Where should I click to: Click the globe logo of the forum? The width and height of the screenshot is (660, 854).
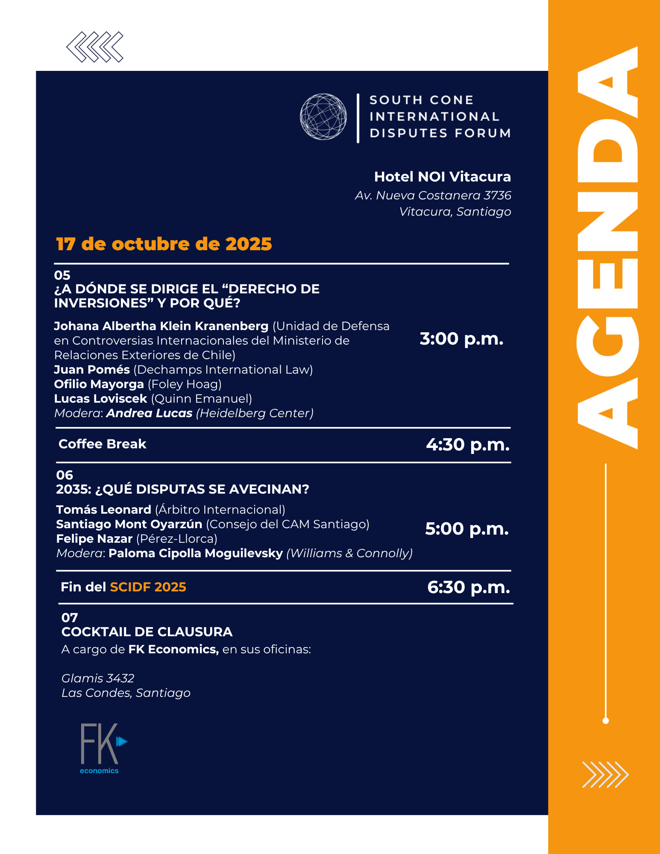click(323, 117)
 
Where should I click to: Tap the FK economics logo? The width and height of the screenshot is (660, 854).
click(103, 748)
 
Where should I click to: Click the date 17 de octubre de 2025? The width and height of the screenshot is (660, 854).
click(164, 244)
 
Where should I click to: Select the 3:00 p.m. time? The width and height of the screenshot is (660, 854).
click(461, 339)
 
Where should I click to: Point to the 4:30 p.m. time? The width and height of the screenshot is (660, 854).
click(468, 445)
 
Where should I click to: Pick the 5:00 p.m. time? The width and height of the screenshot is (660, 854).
click(467, 529)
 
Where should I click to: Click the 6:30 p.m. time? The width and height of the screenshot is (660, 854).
click(469, 587)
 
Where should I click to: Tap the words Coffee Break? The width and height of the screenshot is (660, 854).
click(103, 444)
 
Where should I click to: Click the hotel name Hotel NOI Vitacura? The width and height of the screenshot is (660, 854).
click(442, 176)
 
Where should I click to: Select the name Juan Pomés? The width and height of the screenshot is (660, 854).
click(92, 370)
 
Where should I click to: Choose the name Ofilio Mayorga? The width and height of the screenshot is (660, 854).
click(99, 384)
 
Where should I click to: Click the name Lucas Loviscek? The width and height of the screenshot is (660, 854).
click(100, 399)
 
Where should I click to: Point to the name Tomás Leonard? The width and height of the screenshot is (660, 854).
click(103, 510)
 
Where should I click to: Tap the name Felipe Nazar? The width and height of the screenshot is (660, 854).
click(94, 539)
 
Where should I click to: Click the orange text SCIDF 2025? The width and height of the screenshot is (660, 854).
click(148, 587)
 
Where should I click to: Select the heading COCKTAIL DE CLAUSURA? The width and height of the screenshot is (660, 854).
click(147, 632)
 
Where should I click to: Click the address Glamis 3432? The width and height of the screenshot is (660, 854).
click(98, 678)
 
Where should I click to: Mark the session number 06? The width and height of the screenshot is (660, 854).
click(65, 475)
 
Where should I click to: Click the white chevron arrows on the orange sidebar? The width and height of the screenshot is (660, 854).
click(605, 775)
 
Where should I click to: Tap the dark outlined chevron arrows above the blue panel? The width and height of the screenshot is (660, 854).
click(95, 47)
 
